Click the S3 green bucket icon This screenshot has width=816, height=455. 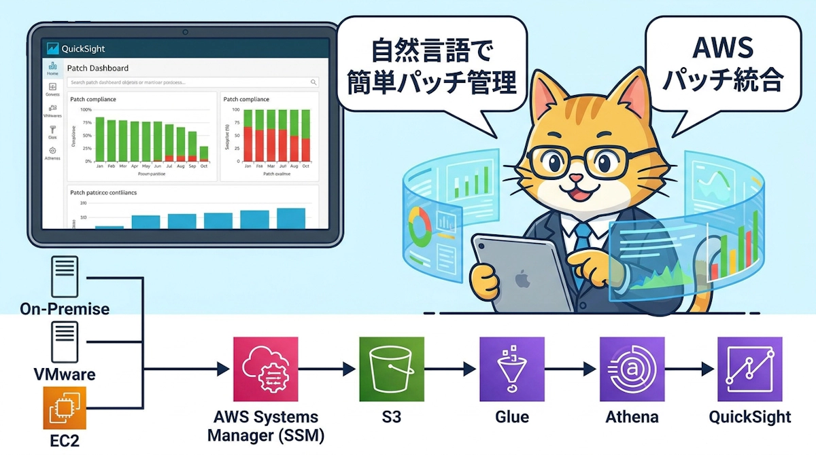(x=391, y=369)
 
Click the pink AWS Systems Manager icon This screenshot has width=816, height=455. (x=265, y=369)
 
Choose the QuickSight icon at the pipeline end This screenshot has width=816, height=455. (x=750, y=369)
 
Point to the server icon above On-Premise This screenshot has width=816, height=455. (x=65, y=276)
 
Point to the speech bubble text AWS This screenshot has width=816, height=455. (x=722, y=49)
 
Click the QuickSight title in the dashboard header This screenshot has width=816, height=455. (x=83, y=49)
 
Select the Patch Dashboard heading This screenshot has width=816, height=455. (x=98, y=68)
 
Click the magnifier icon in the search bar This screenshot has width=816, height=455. (x=313, y=82)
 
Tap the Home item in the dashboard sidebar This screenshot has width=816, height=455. (x=52, y=69)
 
